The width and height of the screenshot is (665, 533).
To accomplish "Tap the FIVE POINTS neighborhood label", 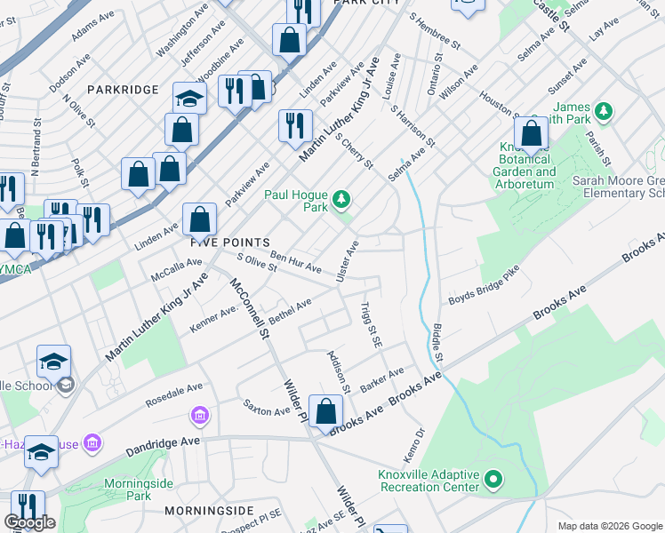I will pos(229,243).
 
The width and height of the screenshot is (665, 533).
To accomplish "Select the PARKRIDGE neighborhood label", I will pos(123,90).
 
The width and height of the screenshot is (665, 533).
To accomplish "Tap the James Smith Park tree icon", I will pos(605,111).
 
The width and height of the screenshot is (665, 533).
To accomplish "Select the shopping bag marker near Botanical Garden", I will pos(531,134).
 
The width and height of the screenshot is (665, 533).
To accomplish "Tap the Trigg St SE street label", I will pos(371,324).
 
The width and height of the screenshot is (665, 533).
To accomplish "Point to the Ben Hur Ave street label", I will pos(295,262).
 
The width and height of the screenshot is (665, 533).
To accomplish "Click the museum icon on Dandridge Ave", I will pos(199,416).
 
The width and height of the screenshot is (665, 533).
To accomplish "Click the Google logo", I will pos(29,522).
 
